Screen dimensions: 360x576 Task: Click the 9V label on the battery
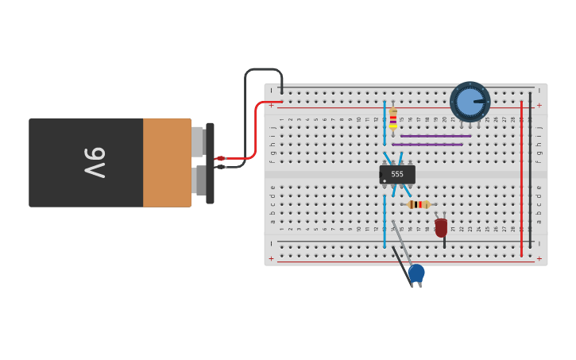95,163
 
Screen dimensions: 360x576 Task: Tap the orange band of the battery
167,163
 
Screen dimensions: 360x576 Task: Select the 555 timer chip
397,174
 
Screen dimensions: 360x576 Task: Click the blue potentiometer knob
470,102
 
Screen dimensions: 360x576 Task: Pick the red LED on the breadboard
441,228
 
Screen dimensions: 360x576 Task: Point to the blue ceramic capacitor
416,273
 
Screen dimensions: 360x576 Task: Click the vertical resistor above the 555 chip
392,119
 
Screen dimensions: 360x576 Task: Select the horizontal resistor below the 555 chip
419,204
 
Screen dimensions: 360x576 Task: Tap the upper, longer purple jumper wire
435,136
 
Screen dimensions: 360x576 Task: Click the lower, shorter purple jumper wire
427,145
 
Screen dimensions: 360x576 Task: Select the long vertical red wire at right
521,179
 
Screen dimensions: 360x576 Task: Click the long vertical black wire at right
530,171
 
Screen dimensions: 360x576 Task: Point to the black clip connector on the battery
210,163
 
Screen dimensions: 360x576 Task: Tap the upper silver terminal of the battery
198,141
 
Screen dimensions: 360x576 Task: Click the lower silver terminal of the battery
198,180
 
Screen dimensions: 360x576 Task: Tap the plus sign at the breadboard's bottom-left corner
271,258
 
